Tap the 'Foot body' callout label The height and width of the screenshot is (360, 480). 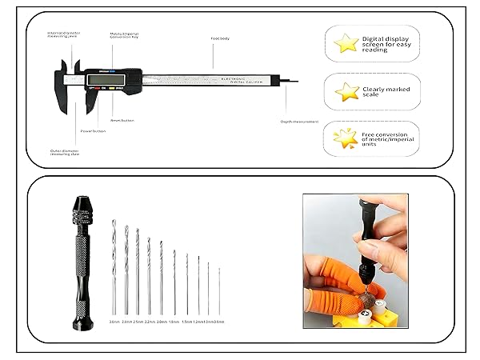pyautogui.click(x=221, y=38)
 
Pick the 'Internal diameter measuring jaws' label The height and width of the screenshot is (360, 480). pyautogui.click(x=62, y=34)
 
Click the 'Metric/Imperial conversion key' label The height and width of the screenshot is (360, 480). pyautogui.click(x=126, y=36)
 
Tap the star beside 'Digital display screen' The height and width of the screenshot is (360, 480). pyautogui.click(x=346, y=43)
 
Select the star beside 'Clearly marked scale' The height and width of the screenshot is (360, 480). pyautogui.click(x=346, y=92)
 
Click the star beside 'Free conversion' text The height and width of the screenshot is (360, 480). pyautogui.click(x=346, y=138)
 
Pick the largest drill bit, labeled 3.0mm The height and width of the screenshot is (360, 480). pyautogui.click(x=114, y=268)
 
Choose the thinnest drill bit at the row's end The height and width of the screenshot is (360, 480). pyautogui.click(x=219, y=292)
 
